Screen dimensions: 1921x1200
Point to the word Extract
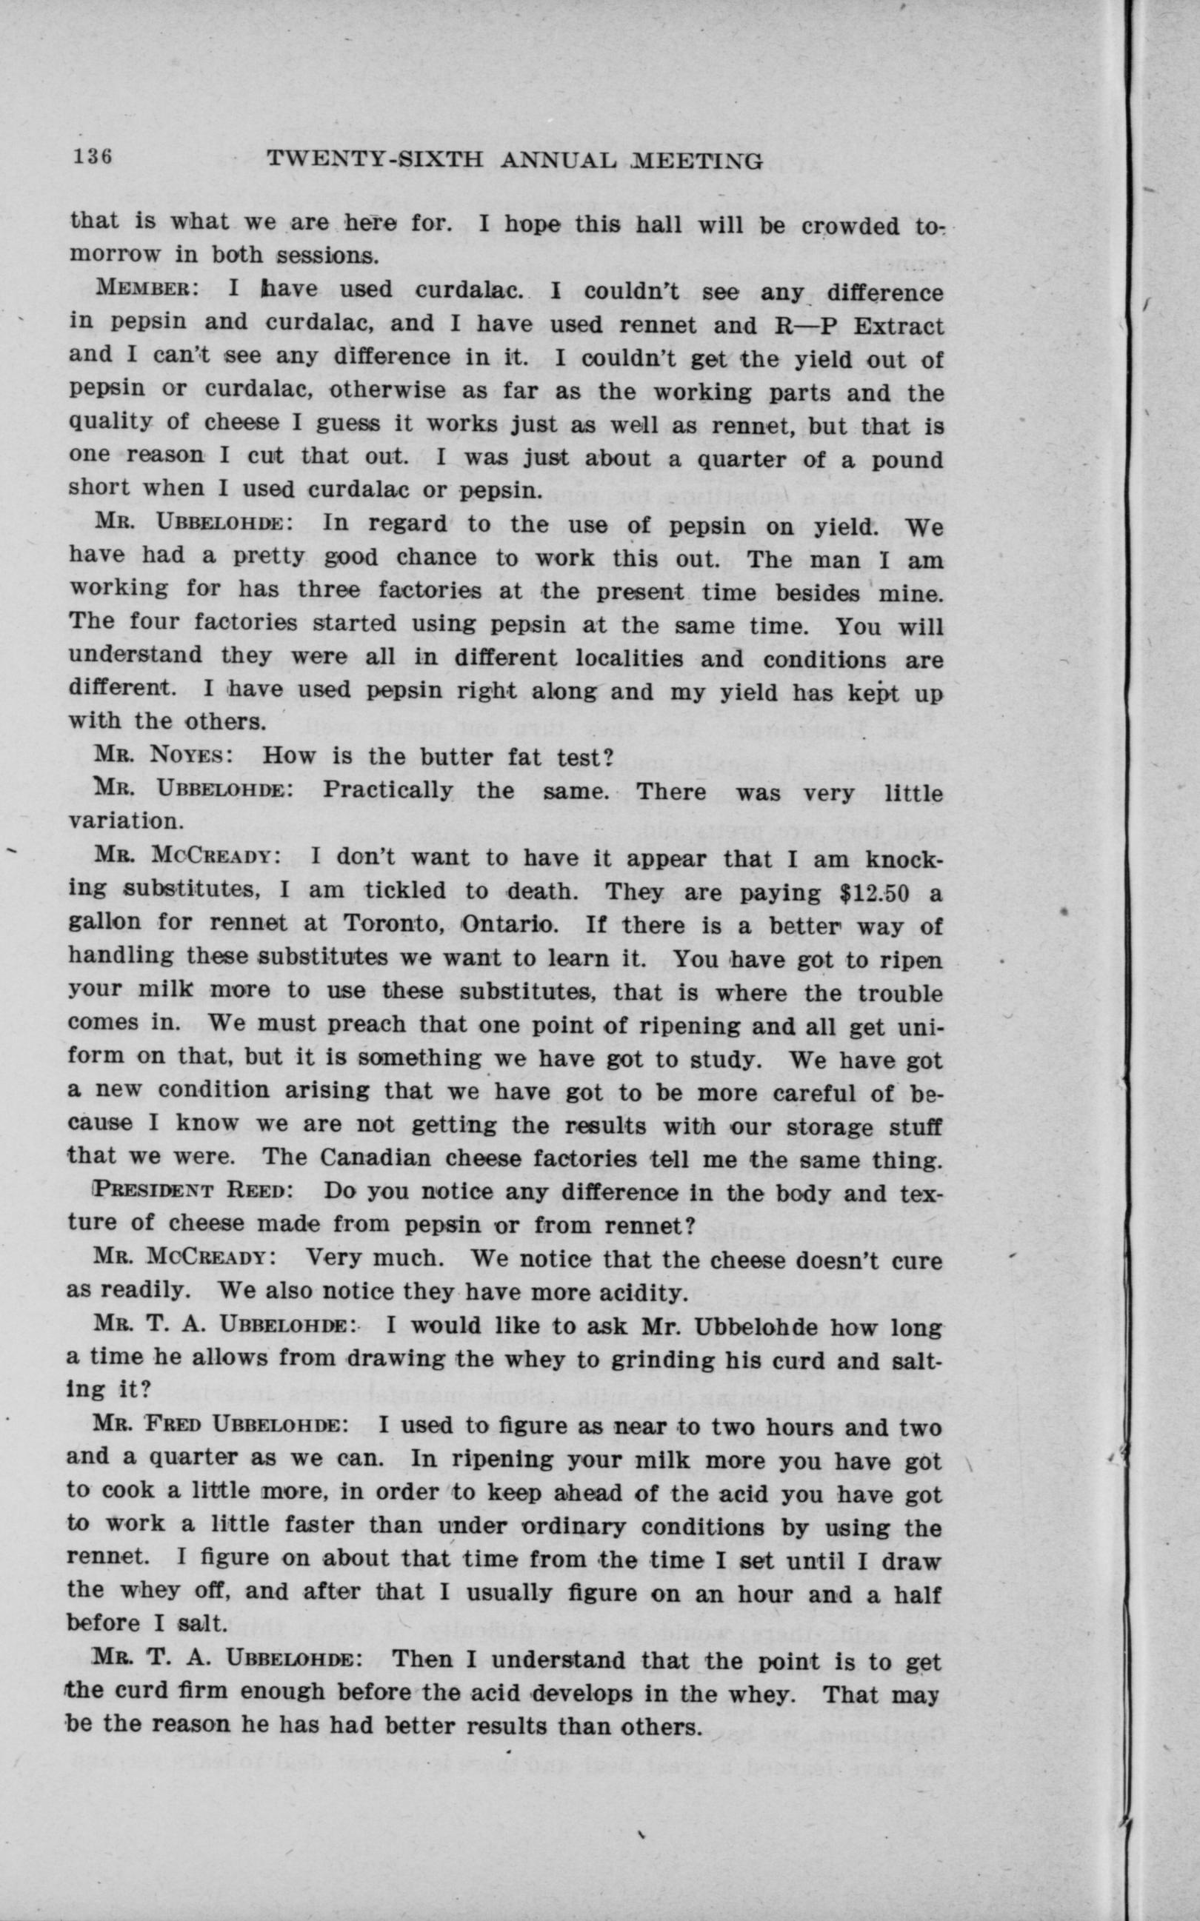[899, 326]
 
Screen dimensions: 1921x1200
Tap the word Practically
[388, 790]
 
